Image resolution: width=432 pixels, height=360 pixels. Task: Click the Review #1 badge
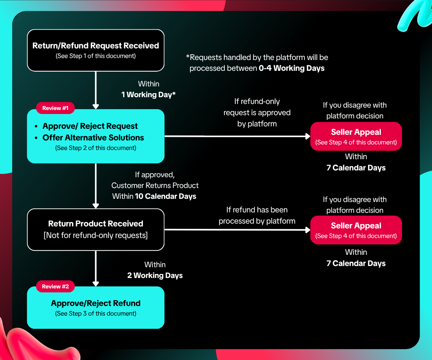coord(55,108)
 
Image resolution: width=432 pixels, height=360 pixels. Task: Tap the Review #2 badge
coord(55,286)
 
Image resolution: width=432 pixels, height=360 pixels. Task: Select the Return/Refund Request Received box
coord(96,50)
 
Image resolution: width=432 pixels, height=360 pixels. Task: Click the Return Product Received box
coord(96,230)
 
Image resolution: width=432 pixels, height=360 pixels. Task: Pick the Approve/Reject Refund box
coord(96,308)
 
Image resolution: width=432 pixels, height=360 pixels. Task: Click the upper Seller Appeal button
coord(356,136)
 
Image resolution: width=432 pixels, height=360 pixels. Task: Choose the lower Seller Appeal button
coord(356,230)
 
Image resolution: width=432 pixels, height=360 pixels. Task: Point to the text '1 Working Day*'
coord(148,95)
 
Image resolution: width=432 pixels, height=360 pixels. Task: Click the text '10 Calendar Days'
coord(166,196)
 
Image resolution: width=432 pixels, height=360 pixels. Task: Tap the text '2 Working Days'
coord(155,276)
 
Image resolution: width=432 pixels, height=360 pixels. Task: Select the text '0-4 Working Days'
coord(292,68)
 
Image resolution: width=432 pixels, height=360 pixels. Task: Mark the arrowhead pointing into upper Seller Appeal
coord(308,136)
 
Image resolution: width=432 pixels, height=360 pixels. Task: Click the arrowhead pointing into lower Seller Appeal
coord(308,230)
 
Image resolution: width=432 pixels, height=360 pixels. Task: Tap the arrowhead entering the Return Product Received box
coord(96,206)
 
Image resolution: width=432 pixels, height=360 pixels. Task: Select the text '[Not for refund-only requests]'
coord(96,236)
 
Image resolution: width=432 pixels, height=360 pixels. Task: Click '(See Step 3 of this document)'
coord(96,314)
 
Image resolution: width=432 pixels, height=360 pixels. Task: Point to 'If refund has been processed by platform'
coord(257,215)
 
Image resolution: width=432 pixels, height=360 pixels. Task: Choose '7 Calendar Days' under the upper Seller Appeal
coord(356,168)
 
